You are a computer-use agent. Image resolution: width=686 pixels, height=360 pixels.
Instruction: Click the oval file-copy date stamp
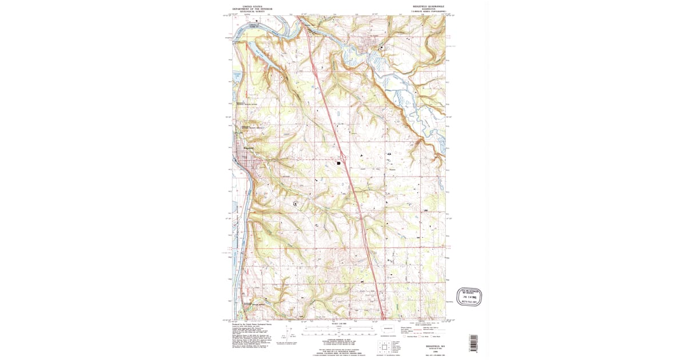click(x=469, y=297)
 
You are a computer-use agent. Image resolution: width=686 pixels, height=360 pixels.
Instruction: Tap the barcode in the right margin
click(x=473, y=342)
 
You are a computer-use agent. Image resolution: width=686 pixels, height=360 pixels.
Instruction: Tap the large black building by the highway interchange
click(x=339, y=163)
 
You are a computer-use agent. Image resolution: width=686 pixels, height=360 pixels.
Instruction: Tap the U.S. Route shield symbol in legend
click(x=424, y=337)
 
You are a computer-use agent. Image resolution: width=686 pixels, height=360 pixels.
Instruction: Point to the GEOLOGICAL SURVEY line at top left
click(x=253, y=12)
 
